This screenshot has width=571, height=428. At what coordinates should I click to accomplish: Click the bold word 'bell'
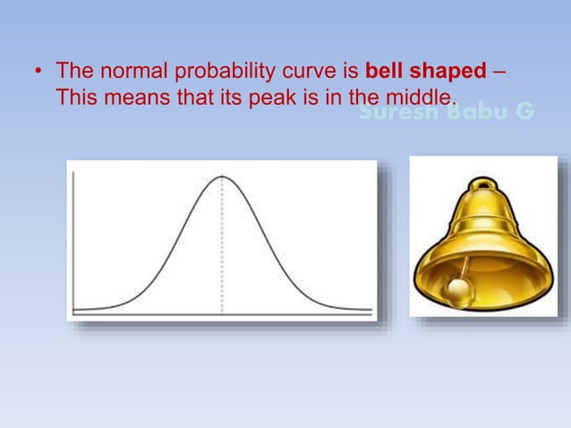pyautogui.click(x=385, y=71)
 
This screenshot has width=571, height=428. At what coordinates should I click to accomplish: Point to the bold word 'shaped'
pyautogui.click(x=447, y=71)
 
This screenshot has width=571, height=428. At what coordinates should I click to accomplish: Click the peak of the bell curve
pyautogui.click(x=222, y=176)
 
